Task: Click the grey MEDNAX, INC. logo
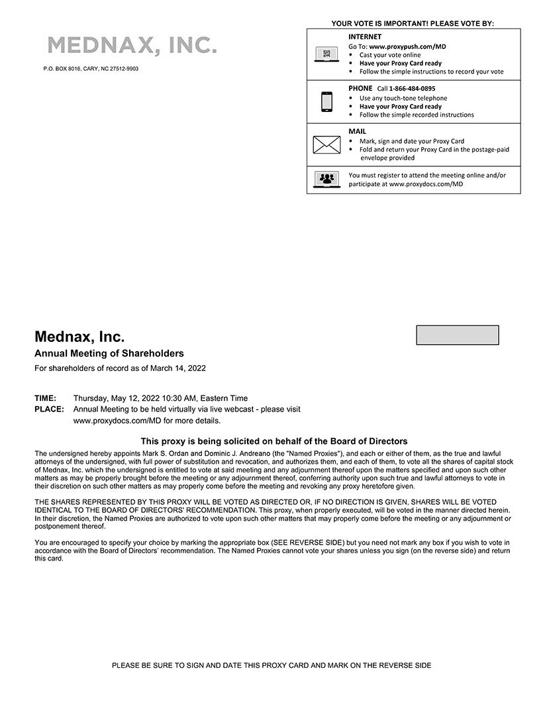point(132,45)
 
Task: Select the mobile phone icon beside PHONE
point(326,101)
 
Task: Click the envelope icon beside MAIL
point(326,144)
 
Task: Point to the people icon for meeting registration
point(326,179)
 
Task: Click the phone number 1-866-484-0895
point(412,89)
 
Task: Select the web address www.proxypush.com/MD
point(407,47)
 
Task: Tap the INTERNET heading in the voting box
point(365,37)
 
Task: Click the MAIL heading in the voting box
point(357,131)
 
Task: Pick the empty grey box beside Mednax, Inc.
point(457,335)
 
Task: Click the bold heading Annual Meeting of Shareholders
point(109,354)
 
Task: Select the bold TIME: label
point(45,398)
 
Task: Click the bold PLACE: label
point(49,409)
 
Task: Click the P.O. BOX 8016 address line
point(91,68)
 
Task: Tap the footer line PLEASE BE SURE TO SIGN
point(271,665)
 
